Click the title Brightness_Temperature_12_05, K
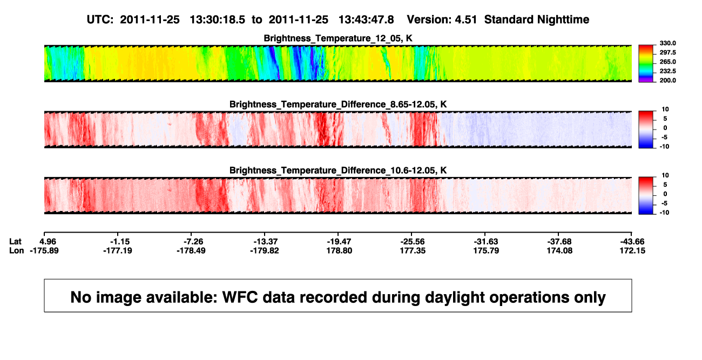point(338,38)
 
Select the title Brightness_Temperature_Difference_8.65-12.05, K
point(338,104)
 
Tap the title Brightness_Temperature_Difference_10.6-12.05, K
point(338,171)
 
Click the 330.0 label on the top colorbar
point(667,43)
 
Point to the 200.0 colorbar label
point(667,80)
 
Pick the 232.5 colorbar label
point(667,71)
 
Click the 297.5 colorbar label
point(667,53)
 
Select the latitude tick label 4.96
point(48,242)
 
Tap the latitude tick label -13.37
point(266,242)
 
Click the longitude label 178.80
point(339,250)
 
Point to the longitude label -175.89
point(44,250)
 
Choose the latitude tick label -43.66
point(632,242)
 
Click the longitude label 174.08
point(559,250)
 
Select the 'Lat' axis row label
point(15,242)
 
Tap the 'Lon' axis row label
point(16,250)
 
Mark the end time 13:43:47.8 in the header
point(366,20)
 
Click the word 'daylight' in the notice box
point(454,297)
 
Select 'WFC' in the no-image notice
point(240,297)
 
